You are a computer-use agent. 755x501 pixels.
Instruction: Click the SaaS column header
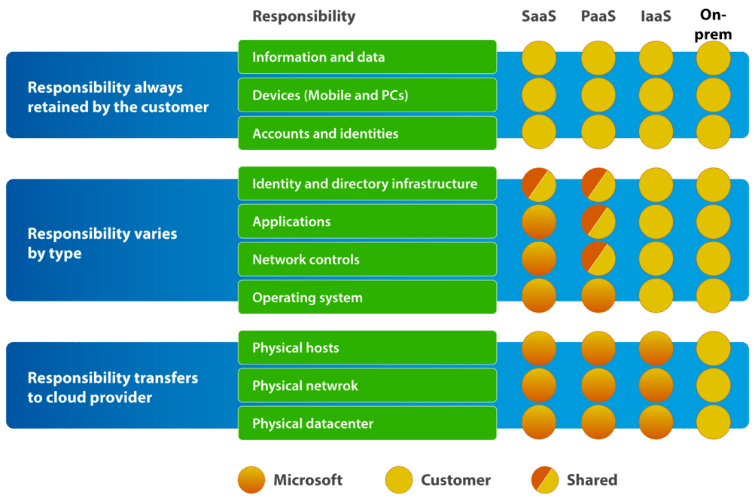click(539, 17)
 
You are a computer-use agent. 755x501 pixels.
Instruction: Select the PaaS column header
click(598, 17)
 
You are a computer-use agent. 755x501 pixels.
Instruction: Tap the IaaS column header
click(655, 17)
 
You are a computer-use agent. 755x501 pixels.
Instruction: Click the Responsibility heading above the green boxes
click(303, 17)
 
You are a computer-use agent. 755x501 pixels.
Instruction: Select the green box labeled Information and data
click(367, 57)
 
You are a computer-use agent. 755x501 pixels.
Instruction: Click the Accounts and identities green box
click(367, 133)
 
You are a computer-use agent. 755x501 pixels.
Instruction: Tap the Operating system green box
click(367, 298)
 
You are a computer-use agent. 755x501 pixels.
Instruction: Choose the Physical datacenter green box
click(367, 423)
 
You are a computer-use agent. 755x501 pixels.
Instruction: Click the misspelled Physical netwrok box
click(367, 386)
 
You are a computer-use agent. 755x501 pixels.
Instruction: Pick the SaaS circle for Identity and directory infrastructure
click(539, 185)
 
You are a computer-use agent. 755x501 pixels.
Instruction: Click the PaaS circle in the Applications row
click(598, 221)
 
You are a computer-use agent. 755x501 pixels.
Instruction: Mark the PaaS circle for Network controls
click(598, 258)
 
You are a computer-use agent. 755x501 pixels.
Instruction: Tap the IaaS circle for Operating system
click(656, 296)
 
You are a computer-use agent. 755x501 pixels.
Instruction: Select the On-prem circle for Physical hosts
click(714, 348)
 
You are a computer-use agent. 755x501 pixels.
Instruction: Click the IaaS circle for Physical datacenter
click(656, 423)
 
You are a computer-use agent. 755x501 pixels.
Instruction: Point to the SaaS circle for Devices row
click(539, 95)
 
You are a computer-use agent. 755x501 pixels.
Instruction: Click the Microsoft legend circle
click(251, 480)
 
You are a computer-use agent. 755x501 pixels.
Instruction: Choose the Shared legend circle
click(544, 480)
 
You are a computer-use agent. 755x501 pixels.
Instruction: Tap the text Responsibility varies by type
click(102, 243)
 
